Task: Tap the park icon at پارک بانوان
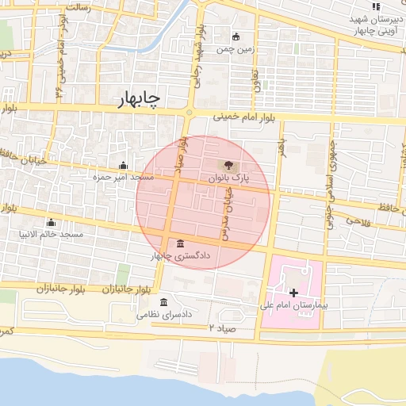228,166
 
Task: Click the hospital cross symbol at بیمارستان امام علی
294,293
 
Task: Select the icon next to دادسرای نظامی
164,302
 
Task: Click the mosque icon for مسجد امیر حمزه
123,166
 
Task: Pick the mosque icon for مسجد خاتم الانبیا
52,222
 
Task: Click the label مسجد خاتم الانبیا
52,236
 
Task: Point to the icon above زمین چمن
236,36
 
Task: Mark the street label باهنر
280,147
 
